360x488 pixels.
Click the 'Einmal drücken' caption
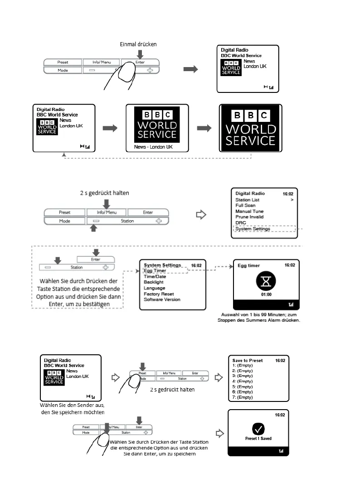coord(138,44)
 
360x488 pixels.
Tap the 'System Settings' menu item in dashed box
coord(253,229)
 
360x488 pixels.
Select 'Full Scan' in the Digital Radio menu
coord(246,205)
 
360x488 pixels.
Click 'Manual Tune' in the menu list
coord(249,211)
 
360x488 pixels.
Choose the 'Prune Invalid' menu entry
coord(249,217)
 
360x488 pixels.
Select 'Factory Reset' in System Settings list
coord(159,294)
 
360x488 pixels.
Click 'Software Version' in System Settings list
coord(162,300)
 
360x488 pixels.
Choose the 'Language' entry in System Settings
coord(154,288)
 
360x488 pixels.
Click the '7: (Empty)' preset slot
coord(243,397)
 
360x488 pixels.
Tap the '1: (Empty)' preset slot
coord(243,365)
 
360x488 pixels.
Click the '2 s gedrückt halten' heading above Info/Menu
coord(104,193)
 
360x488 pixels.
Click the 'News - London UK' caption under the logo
coord(153,147)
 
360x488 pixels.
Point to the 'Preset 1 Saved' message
coord(258,439)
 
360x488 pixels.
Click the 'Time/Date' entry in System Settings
coord(155,276)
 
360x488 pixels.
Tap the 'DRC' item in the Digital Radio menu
coord(241,223)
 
